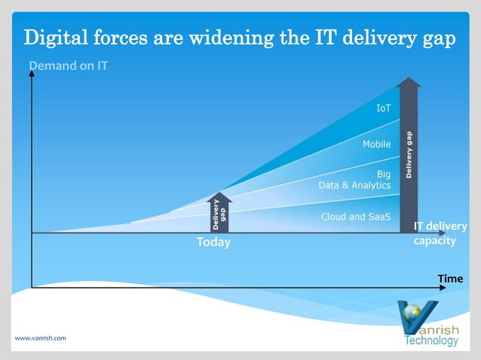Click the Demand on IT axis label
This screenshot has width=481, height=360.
click(x=68, y=66)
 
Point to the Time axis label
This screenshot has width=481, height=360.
click(x=450, y=279)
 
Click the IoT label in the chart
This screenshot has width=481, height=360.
click(x=383, y=108)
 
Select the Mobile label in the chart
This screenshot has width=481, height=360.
click(x=376, y=144)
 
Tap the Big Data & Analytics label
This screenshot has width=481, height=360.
click(x=355, y=179)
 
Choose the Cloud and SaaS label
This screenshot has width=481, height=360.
click(x=356, y=217)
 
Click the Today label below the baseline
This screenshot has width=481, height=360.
click(x=213, y=243)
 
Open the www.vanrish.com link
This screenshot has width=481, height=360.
click(x=40, y=338)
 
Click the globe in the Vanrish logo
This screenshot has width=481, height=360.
click(x=412, y=310)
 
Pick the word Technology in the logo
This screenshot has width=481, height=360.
click(x=431, y=340)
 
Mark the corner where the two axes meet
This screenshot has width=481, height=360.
click(x=32, y=287)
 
